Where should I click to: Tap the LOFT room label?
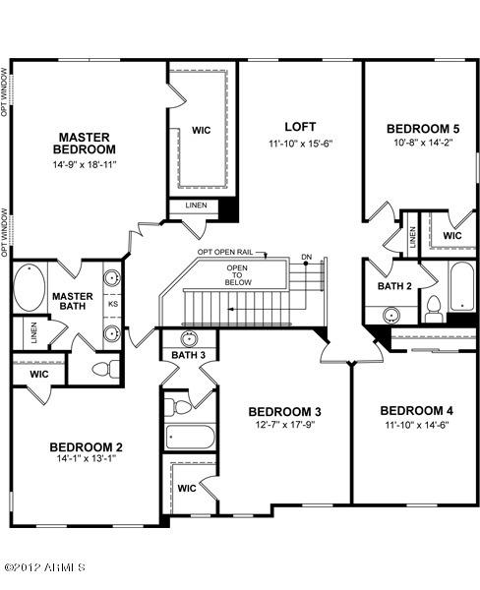(x=300, y=127)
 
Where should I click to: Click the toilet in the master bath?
(x=99, y=368)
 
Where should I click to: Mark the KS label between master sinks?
(x=112, y=305)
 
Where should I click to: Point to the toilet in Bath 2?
(x=433, y=312)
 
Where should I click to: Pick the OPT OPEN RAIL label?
(x=225, y=253)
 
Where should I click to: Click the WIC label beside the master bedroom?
(x=202, y=128)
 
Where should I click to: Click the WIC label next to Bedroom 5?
(x=452, y=236)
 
